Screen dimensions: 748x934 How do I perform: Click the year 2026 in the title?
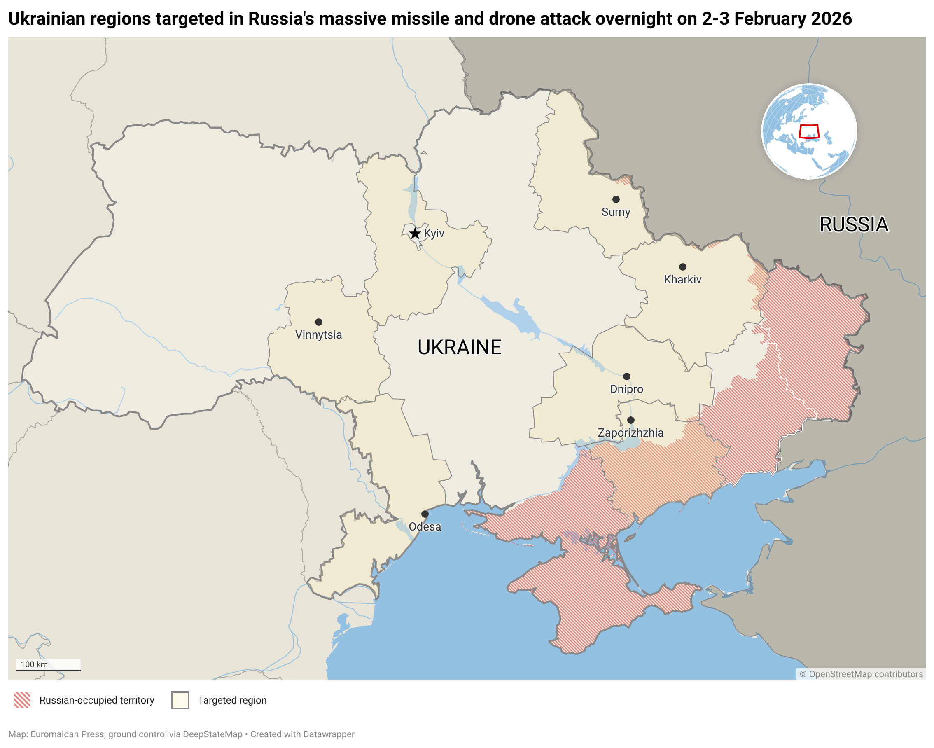[x=835, y=19]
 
